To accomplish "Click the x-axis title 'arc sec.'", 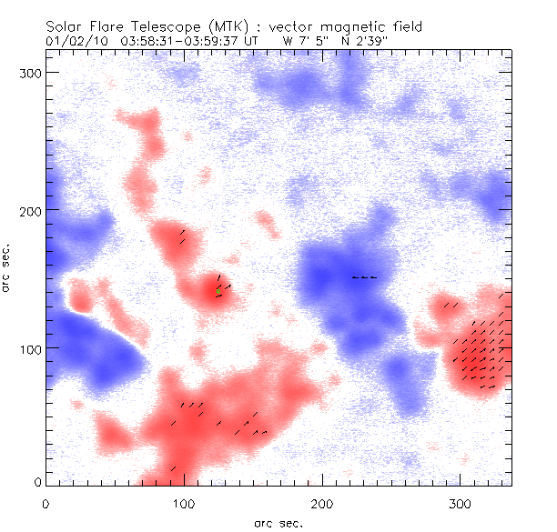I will point(278,522).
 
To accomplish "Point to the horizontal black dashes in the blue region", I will point(364,277).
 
